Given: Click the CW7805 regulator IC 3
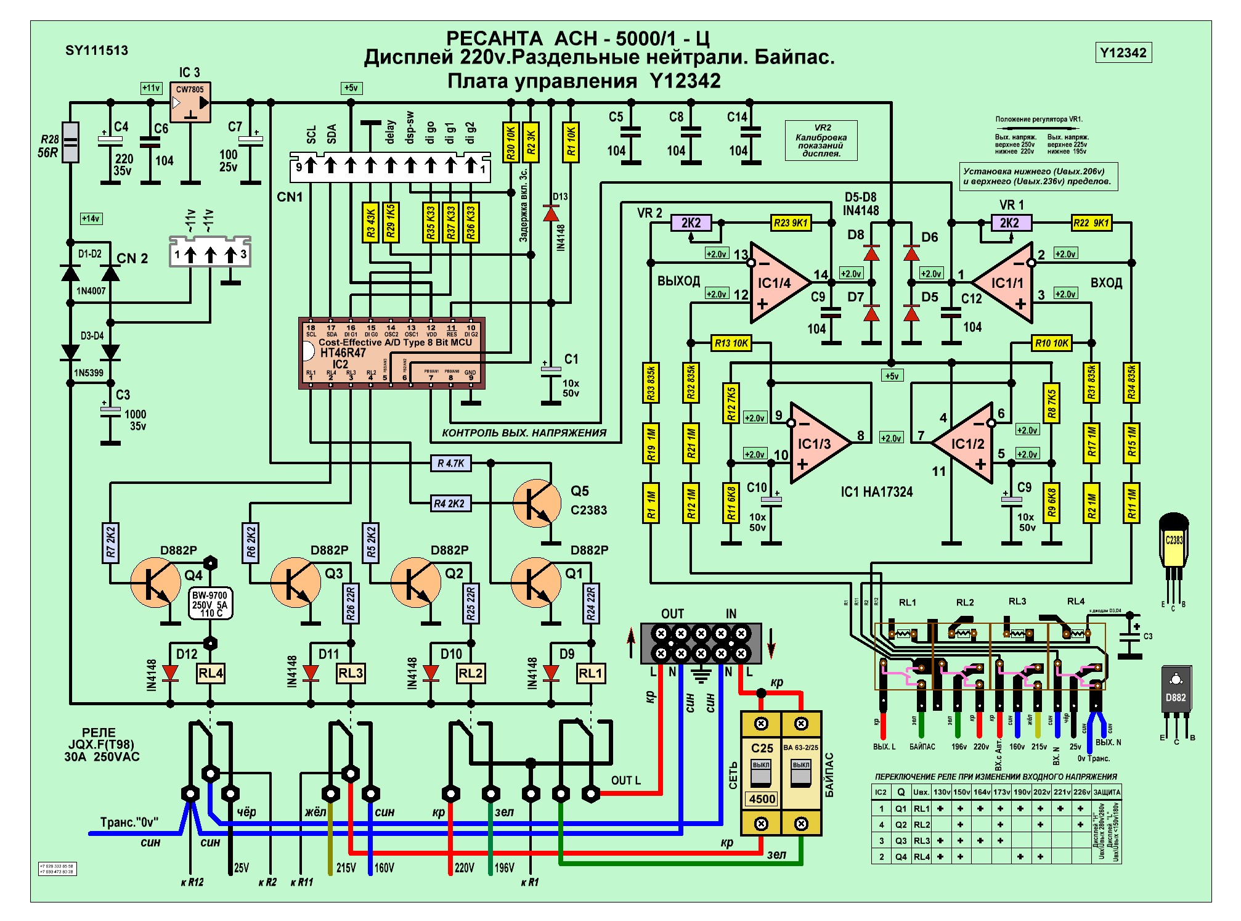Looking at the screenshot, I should click(x=190, y=102).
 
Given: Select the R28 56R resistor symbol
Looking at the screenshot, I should click(x=71, y=142).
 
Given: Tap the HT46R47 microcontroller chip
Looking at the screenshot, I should click(x=391, y=353).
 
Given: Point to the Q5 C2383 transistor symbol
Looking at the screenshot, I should click(x=537, y=503).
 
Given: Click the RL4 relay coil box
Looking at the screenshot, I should click(x=210, y=673).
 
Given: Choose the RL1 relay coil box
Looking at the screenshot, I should click(x=590, y=673).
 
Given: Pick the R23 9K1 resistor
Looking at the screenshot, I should click(x=791, y=223).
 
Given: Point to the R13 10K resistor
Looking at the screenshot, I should click(x=731, y=343).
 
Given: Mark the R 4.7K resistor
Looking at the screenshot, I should click(x=451, y=463).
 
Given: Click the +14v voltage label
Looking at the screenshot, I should click(x=91, y=218).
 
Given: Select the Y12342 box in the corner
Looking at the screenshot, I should click(x=1123, y=52).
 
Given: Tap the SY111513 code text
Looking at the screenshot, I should click(x=97, y=51).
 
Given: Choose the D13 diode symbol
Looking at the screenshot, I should click(x=551, y=213).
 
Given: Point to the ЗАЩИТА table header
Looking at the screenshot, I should click(x=1107, y=792).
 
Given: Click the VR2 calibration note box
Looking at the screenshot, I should click(x=821, y=141).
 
